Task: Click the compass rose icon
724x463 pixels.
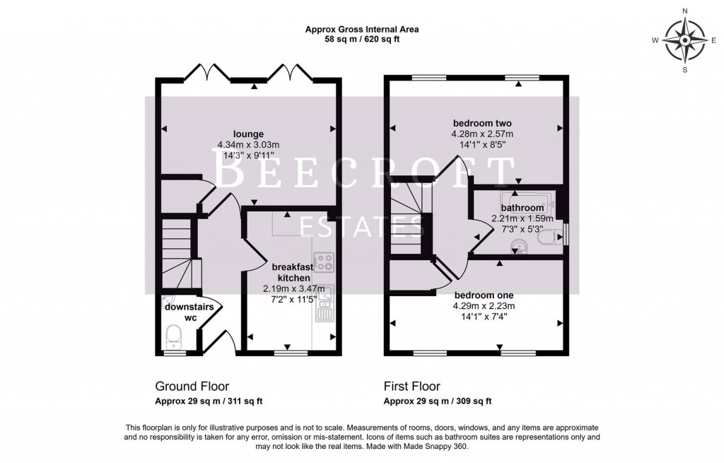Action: tap(684, 40)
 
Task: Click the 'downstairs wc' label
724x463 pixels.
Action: tap(181, 312)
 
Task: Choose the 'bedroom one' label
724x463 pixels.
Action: tap(484, 295)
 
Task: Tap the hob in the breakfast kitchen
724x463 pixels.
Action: tap(324, 263)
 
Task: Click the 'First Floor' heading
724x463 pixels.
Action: tap(411, 387)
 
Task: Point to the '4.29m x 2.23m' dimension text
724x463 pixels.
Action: tap(484, 306)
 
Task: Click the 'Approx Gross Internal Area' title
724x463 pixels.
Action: tap(361, 29)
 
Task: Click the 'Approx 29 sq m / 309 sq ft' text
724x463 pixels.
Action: tap(437, 401)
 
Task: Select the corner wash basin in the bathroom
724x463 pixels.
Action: tap(518, 245)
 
